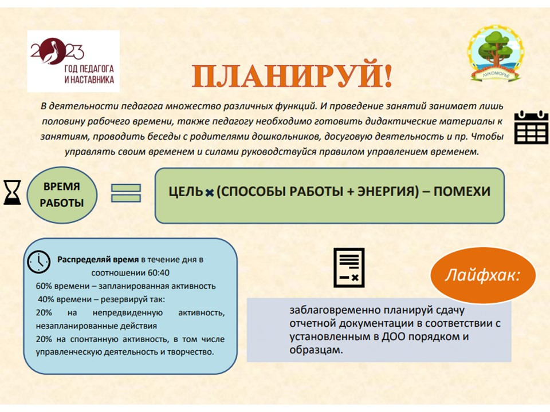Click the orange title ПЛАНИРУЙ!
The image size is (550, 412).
point(292,76)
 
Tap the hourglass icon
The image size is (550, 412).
point(12,192)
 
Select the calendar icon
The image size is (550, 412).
point(532,128)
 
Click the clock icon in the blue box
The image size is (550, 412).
point(38,262)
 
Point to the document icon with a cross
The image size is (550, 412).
point(349,268)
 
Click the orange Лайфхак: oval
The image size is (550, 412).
point(483,275)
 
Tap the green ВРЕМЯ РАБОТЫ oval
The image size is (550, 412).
point(62,195)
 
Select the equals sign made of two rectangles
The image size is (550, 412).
point(126,193)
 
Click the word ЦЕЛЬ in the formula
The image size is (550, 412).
point(186,192)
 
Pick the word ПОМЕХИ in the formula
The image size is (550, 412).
point(462,191)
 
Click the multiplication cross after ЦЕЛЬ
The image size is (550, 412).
point(210,193)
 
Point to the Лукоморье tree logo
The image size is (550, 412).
point(495,53)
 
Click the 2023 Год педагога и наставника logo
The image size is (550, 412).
point(73,61)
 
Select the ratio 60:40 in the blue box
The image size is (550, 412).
point(159,272)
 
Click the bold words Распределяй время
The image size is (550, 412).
point(98,260)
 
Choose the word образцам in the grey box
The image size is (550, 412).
point(316,350)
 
